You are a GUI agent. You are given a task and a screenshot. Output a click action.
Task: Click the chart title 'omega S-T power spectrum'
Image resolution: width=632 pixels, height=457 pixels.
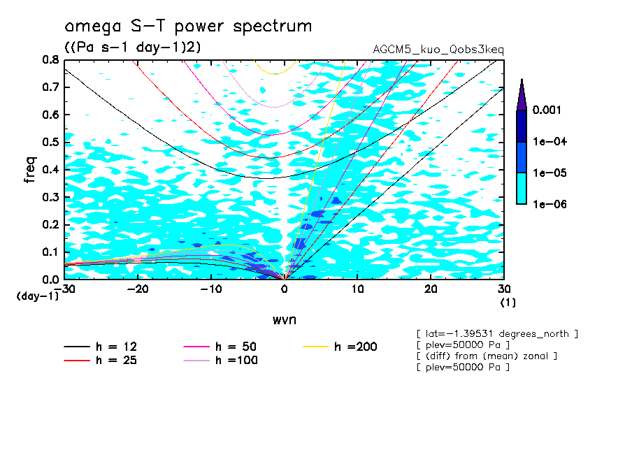[x=188, y=27]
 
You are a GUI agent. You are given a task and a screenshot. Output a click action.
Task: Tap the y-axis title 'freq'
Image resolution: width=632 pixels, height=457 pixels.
[x=29, y=169]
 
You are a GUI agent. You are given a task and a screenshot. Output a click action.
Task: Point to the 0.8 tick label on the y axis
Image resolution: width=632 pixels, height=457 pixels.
[x=50, y=60]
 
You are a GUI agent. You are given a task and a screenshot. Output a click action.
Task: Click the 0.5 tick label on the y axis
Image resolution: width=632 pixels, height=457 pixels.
[x=50, y=142]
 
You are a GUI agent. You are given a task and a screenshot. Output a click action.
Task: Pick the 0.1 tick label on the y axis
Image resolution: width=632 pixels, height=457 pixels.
[x=50, y=252]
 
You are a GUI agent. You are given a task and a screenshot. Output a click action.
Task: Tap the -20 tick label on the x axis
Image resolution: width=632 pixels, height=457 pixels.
[x=138, y=289]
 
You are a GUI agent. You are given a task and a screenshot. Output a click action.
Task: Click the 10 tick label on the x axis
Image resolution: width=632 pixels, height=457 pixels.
[x=357, y=289]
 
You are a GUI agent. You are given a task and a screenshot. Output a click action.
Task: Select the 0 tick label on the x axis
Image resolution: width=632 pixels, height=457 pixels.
[x=285, y=289]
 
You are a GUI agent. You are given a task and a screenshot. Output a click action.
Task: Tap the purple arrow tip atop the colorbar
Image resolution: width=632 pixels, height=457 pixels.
[x=521, y=91]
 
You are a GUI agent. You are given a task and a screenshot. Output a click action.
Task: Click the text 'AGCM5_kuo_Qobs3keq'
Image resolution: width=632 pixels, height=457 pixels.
[x=438, y=50]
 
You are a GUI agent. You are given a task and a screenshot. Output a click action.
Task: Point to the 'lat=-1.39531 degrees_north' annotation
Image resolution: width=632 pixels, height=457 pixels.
[x=496, y=334]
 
